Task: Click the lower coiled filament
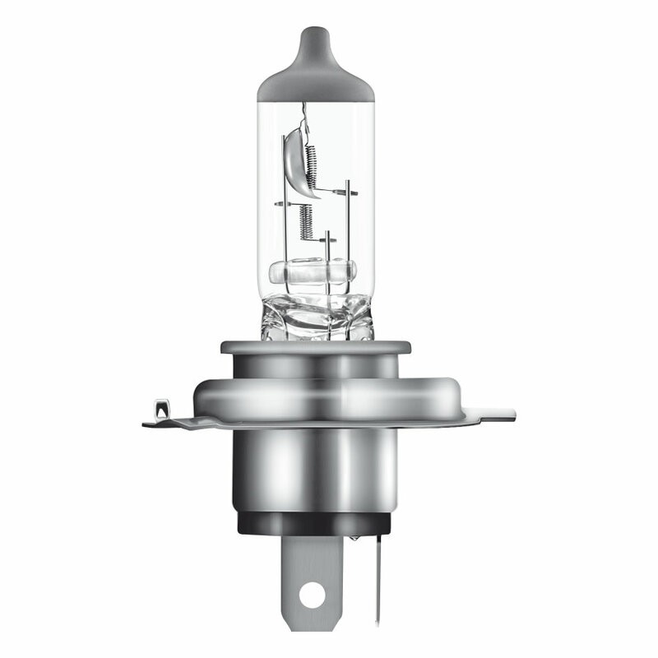306,220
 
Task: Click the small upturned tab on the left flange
161,408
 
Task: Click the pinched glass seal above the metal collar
317,317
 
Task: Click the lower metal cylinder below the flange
317,469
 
